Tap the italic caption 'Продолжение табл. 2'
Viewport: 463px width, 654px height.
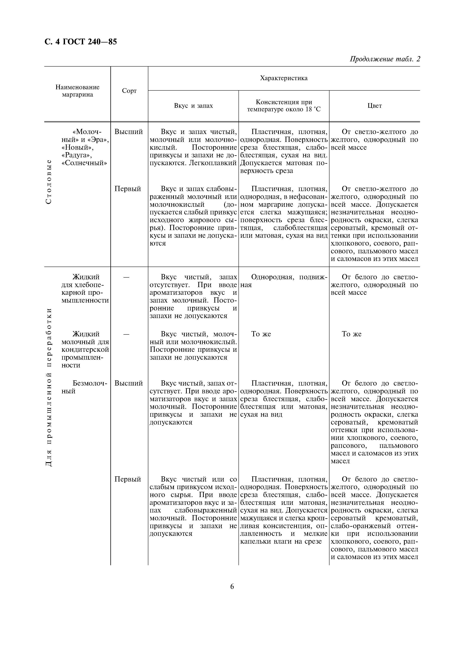point(385,59)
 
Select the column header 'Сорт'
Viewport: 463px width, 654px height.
point(129,91)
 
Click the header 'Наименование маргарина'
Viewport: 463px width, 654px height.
point(77,91)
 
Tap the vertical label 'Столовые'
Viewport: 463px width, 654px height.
point(49,181)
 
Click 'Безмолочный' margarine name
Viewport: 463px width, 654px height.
point(84,387)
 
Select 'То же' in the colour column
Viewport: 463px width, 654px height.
point(351,334)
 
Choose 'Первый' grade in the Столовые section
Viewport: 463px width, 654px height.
point(128,189)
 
